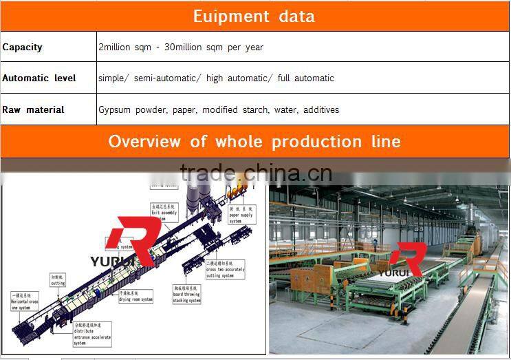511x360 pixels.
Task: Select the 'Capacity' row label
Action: (x=22, y=47)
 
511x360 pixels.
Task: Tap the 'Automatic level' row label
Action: (x=39, y=78)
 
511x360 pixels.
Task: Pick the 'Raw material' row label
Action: (x=33, y=109)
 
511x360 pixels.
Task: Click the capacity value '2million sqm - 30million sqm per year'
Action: (x=181, y=47)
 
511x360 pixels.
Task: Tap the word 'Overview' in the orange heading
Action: (x=146, y=142)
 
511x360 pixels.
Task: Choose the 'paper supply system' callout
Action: (x=241, y=214)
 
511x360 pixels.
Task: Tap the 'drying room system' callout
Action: (x=135, y=294)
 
